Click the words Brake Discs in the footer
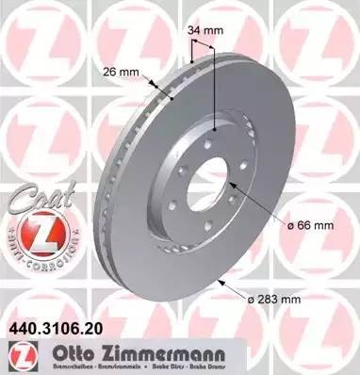click(x=284, y=359)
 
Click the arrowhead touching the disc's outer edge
click(x=220, y=282)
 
